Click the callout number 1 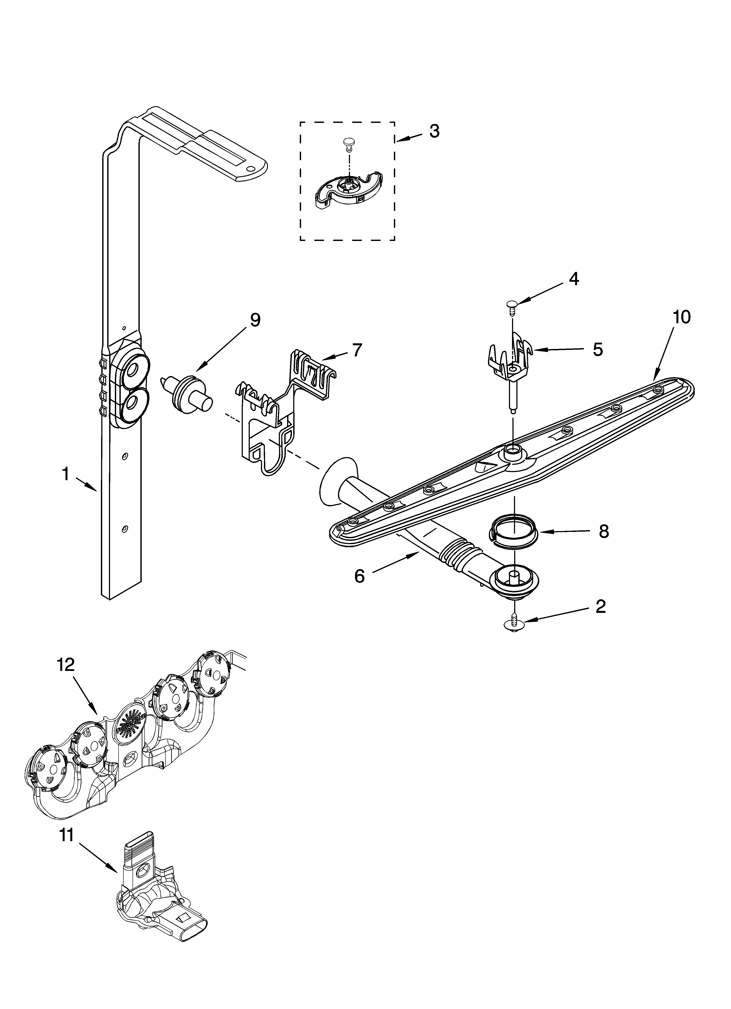tap(66, 475)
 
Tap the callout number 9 tap(255, 320)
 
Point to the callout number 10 tap(682, 317)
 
